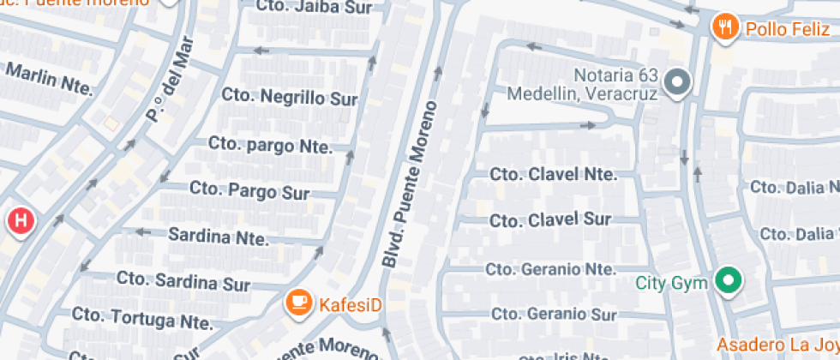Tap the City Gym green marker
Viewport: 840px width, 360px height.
click(x=729, y=280)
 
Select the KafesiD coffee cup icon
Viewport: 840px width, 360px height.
click(x=298, y=303)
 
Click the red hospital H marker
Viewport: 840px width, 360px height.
click(x=21, y=221)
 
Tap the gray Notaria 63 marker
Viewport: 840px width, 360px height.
click(x=679, y=83)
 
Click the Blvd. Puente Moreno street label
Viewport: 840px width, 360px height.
click(x=410, y=184)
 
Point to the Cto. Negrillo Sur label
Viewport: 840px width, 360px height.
click(x=289, y=97)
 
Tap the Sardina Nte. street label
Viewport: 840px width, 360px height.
click(x=219, y=235)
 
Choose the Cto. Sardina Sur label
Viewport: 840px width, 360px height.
click(x=183, y=280)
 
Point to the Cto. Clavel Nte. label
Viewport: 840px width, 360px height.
click(x=553, y=174)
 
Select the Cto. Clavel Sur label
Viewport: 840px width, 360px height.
click(x=550, y=220)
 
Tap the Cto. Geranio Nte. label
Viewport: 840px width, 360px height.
click(x=550, y=269)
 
